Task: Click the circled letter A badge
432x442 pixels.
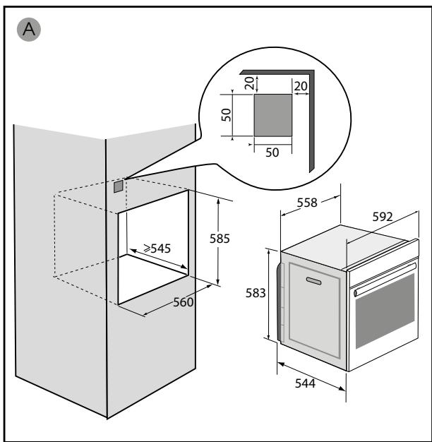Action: click(x=29, y=30)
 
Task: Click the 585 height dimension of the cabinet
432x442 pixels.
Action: click(x=220, y=239)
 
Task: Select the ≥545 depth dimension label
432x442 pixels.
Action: click(x=157, y=249)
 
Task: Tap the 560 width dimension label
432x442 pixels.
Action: click(x=183, y=302)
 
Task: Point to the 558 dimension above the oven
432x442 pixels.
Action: click(x=307, y=203)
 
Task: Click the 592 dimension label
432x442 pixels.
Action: click(x=383, y=217)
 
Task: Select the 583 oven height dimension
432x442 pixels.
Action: click(x=256, y=293)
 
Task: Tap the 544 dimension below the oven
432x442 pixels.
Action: click(x=305, y=383)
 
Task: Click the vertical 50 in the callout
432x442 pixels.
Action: click(x=226, y=115)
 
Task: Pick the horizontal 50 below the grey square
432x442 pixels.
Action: click(x=272, y=153)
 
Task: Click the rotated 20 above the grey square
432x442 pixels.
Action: click(x=249, y=83)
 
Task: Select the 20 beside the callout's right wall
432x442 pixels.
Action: click(x=301, y=86)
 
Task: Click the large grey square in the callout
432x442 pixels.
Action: click(x=273, y=115)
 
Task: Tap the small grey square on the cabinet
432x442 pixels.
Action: click(x=119, y=186)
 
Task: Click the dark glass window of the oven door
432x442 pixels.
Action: click(x=385, y=311)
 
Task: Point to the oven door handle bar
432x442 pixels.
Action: click(x=385, y=279)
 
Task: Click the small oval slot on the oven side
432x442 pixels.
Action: click(x=313, y=281)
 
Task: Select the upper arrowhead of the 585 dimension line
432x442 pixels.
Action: click(x=218, y=201)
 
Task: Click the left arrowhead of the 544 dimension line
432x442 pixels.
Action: click(x=281, y=365)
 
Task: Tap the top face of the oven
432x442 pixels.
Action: click(x=344, y=245)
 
